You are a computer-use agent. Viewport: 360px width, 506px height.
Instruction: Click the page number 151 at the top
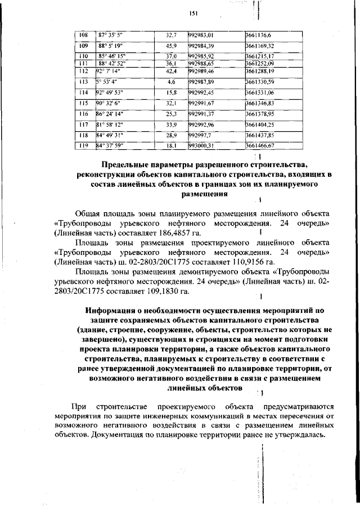tap(193, 13)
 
